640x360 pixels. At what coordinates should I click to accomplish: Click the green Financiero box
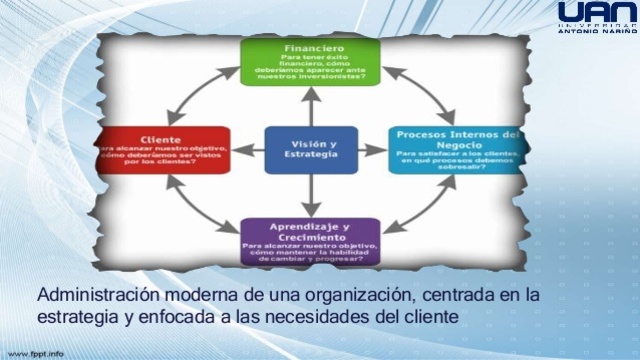[x=297, y=61]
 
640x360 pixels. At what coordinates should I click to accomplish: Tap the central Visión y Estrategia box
[x=299, y=149]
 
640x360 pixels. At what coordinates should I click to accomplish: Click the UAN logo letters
[x=594, y=13]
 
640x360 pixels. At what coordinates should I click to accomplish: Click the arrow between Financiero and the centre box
[x=299, y=105]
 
